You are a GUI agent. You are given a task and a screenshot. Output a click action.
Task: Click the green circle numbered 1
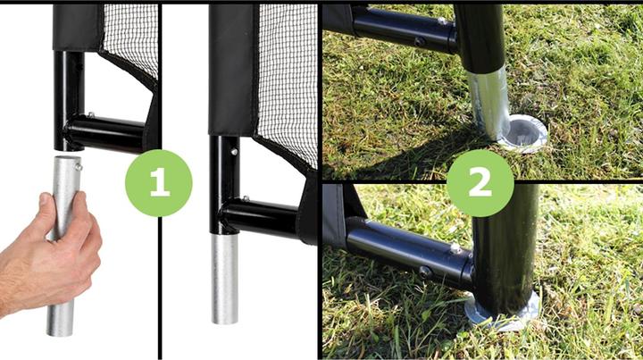(159, 183)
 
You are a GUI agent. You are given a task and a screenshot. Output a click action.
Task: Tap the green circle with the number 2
(480, 183)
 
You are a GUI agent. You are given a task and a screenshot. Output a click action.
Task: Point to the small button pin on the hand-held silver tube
(78, 166)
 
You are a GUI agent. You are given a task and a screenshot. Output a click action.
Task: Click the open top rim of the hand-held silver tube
(67, 158)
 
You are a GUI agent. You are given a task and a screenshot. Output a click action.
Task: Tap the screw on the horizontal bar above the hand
(90, 114)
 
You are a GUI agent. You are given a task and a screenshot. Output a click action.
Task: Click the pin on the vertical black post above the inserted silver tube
(234, 152)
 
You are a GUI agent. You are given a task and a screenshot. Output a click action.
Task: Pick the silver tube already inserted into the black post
(224, 279)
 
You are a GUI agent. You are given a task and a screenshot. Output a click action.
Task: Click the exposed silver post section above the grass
(489, 104)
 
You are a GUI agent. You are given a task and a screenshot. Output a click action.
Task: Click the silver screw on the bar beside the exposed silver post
(442, 20)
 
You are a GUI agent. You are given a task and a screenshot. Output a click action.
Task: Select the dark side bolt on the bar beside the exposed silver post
(420, 41)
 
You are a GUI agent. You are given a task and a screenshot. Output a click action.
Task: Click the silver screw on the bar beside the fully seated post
(455, 247)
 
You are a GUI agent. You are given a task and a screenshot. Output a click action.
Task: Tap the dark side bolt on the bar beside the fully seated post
(425, 272)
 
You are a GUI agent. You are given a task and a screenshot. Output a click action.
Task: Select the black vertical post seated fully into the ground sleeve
(505, 250)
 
